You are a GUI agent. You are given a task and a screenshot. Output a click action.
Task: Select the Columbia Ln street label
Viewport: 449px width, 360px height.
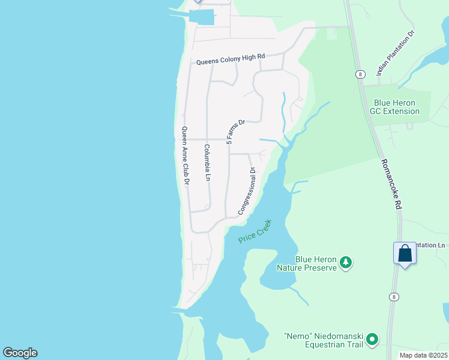[x=207, y=163]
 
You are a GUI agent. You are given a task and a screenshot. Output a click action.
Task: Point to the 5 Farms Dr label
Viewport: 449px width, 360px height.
[x=236, y=131]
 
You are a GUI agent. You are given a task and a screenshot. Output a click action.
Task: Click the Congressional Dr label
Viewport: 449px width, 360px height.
[x=247, y=191]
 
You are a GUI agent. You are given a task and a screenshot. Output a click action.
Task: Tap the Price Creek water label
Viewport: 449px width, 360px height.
[x=255, y=231]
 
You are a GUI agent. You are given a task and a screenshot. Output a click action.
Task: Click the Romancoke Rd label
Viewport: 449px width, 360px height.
[x=391, y=184]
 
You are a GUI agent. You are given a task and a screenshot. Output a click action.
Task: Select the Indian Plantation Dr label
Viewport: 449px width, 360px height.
[x=396, y=53]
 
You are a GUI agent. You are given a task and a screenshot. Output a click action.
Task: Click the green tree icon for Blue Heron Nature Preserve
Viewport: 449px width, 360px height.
[x=345, y=263]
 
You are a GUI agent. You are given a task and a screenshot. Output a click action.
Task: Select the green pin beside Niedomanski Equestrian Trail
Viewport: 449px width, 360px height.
[x=372, y=340]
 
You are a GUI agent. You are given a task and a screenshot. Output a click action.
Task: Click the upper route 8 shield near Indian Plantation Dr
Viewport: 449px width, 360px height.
[x=360, y=74]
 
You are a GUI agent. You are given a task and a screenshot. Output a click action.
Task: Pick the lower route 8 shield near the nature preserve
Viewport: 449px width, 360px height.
[x=393, y=296]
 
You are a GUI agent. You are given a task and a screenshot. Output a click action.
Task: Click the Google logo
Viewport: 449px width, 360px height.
[x=20, y=353]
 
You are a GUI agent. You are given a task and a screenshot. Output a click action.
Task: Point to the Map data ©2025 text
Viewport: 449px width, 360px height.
[x=424, y=355]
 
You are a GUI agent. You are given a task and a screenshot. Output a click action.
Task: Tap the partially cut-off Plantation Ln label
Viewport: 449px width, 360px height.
[x=432, y=245]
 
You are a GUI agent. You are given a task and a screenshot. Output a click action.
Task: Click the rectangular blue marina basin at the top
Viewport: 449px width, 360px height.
[x=202, y=17]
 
